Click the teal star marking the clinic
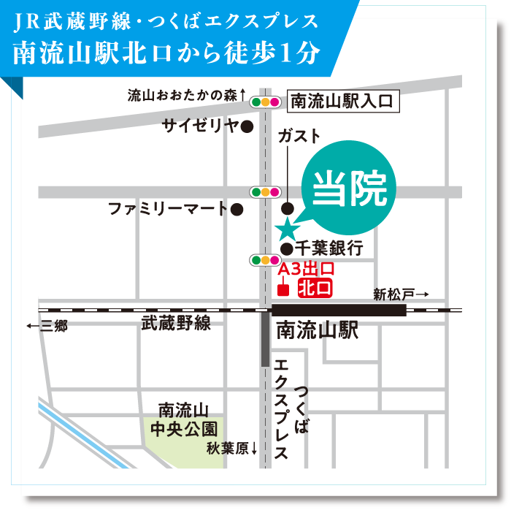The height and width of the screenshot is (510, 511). pyautogui.click(x=287, y=229)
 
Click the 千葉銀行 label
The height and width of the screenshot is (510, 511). pyautogui.click(x=329, y=248)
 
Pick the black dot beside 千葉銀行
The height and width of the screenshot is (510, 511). pyautogui.click(x=287, y=249)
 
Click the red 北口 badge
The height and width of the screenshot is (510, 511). pyautogui.click(x=316, y=287)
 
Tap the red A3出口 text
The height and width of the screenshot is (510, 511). pyautogui.click(x=306, y=270)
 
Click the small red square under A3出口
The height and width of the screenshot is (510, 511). pyautogui.click(x=285, y=288)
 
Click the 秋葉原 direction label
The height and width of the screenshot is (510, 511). pyautogui.click(x=231, y=448)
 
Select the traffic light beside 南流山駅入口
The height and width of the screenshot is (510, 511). pyautogui.click(x=265, y=102)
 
